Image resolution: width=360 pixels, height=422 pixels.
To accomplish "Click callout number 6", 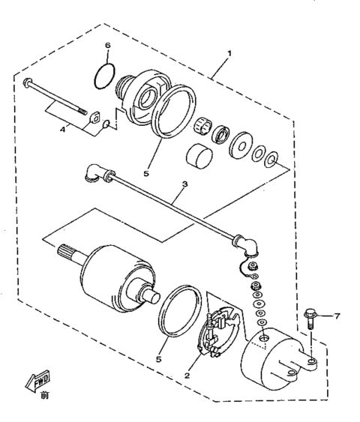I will (107, 47).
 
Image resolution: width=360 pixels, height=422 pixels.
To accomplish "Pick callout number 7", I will (336, 316).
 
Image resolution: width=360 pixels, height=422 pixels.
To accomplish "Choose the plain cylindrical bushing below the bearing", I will (198, 157).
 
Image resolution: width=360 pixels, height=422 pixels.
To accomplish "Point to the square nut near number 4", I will (96, 117).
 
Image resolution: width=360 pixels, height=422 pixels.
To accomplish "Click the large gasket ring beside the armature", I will (181, 312).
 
